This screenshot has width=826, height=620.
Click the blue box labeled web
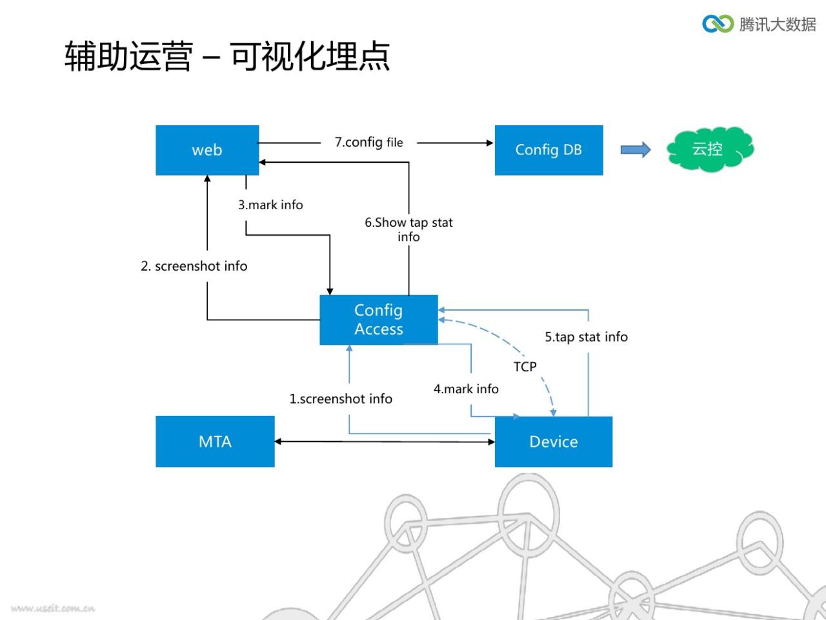pyautogui.click(x=207, y=150)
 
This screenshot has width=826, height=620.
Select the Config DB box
pyautogui.click(x=549, y=150)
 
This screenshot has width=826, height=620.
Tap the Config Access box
pyautogui.click(x=379, y=320)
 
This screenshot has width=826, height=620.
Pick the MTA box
pyautogui.click(x=215, y=441)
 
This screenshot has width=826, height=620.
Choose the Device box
pyautogui.click(x=553, y=442)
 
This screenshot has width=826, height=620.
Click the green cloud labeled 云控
pyautogui.click(x=710, y=149)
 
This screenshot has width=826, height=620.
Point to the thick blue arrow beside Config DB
pyautogui.click(x=635, y=150)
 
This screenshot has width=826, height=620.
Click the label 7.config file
pyautogui.click(x=368, y=142)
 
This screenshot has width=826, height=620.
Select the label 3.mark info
pyautogui.click(x=270, y=205)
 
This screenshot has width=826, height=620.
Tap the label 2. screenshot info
pyautogui.click(x=194, y=266)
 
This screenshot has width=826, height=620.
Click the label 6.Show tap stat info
pyautogui.click(x=408, y=229)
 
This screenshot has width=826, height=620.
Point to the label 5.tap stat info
pyautogui.click(x=587, y=337)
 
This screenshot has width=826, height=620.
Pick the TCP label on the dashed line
pyautogui.click(x=525, y=366)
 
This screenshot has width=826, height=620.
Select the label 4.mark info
pyautogui.click(x=466, y=389)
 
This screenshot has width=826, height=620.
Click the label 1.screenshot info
pyautogui.click(x=341, y=398)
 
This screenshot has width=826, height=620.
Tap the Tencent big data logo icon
pyautogui.click(x=718, y=24)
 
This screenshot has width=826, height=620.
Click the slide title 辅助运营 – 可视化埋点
pyautogui.click(x=227, y=56)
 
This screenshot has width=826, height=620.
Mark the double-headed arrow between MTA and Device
pyautogui.click(x=385, y=442)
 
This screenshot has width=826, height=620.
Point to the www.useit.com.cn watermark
pyautogui.click(x=53, y=608)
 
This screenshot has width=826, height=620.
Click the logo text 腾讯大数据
pyautogui.click(x=778, y=24)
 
